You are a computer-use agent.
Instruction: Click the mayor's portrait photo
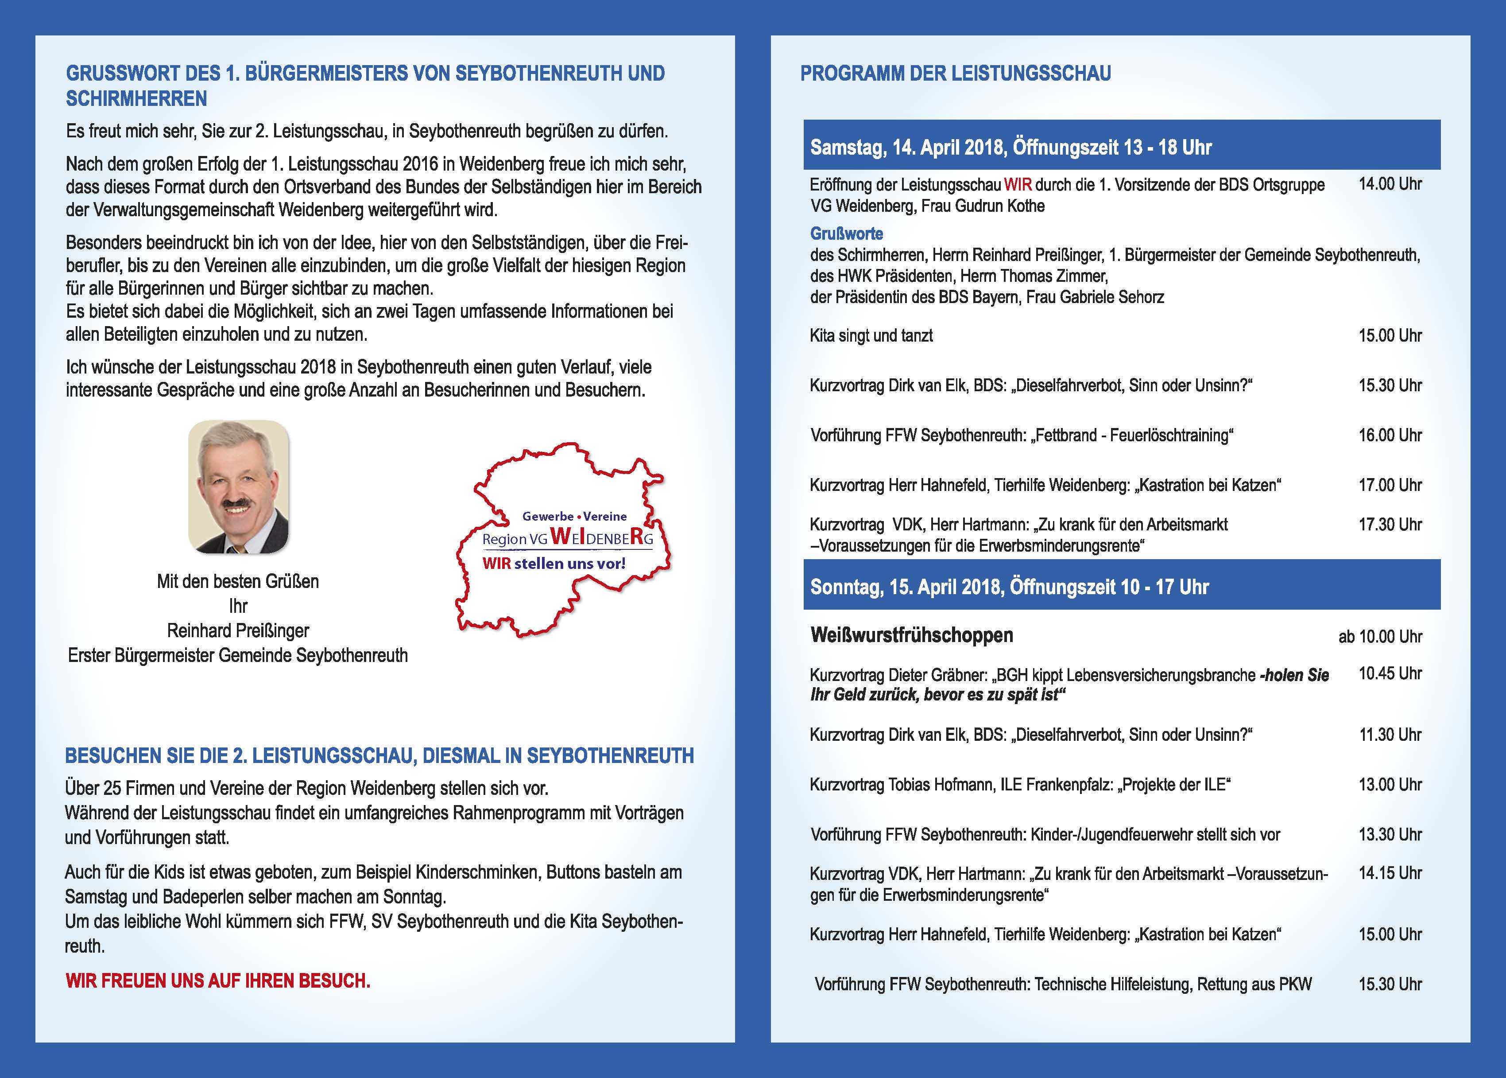238,486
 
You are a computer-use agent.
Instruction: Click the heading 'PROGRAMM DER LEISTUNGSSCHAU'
955,73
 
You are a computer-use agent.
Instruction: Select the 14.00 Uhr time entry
1390,184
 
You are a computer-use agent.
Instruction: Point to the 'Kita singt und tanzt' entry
871,336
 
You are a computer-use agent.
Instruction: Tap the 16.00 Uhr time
1390,436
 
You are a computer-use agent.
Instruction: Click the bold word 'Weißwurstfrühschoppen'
912,635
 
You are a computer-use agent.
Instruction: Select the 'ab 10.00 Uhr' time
1380,637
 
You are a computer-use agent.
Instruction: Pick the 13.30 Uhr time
1390,834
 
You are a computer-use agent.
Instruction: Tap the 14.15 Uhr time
1390,873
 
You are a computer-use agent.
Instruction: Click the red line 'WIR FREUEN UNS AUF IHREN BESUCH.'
217,981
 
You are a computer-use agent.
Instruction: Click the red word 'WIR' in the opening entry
1018,184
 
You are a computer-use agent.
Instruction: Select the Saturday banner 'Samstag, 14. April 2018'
1010,147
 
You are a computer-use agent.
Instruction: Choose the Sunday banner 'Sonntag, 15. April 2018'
1009,587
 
